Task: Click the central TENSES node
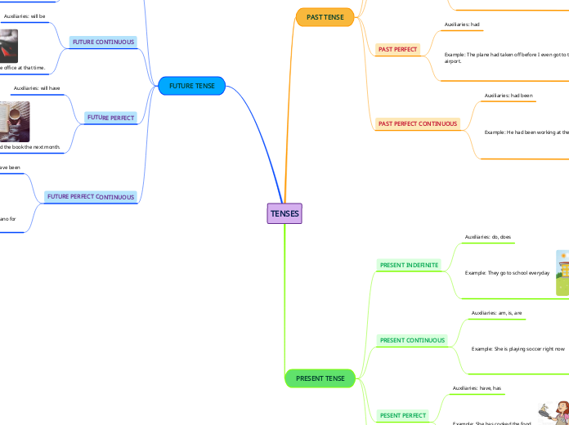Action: click(x=284, y=213)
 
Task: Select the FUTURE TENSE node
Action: click(x=191, y=86)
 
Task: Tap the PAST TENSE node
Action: click(x=325, y=17)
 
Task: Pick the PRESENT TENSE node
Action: click(x=320, y=378)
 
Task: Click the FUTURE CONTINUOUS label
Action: click(x=103, y=42)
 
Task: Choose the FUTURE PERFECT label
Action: click(x=111, y=118)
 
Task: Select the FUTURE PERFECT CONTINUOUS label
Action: click(x=90, y=197)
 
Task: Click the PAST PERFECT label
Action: click(x=397, y=50)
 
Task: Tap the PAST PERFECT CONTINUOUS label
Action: click(x=417, y=123)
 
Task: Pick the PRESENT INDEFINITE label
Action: click(x=409, y=265)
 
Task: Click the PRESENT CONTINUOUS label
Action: click(x=413, y=340)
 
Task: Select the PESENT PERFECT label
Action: click(x=403, y=415)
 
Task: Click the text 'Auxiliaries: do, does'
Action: click(x=488, y=237)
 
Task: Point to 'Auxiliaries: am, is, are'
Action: click(x=496, y=313)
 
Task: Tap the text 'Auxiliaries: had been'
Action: click(x=509, y=96)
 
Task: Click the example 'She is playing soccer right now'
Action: click(x=518, y=349)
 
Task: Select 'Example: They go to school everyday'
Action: click(x=507, y=273)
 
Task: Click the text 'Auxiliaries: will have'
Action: click(x=37, y=87)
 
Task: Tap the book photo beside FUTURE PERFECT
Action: click(x=15, y=121)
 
